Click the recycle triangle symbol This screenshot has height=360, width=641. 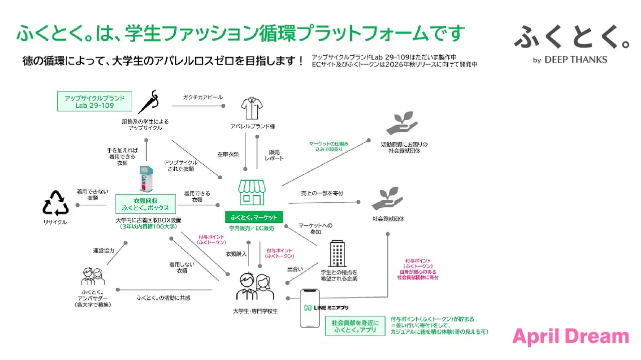click(55, 204)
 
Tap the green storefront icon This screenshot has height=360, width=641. click(252, 192)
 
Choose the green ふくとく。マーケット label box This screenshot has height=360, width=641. click(254, 217)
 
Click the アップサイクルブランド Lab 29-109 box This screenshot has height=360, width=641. click(94, 101)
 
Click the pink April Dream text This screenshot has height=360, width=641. click(570, 337)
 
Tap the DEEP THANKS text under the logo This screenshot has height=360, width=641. click(575, 60)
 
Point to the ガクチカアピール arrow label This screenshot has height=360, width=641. click(203, 97)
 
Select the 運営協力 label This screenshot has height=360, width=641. click(104, 250)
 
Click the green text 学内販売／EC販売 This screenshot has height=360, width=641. click(251, 228)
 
